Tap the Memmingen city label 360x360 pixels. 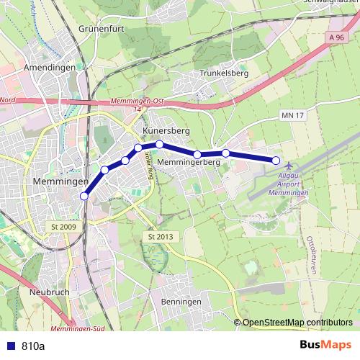(60, 183)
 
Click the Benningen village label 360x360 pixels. (181, 301)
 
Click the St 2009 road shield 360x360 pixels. (63, 227)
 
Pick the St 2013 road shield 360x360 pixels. (161, 237)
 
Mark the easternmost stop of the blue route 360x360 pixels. (276, 160)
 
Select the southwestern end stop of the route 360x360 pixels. (84, 196)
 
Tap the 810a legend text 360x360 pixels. (33, 346)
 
